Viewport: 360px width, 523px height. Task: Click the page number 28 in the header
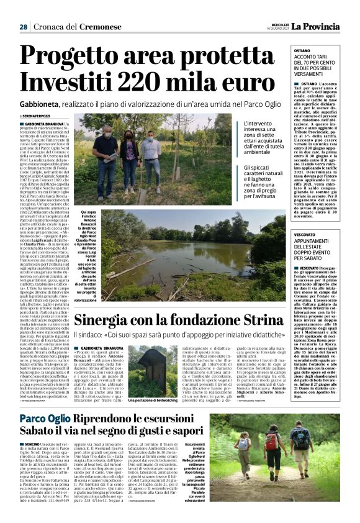[x=23, y=27]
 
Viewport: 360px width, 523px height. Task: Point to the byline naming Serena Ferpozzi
[x=37, y=116]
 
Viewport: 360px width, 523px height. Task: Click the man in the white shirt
[x=150, y=159]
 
